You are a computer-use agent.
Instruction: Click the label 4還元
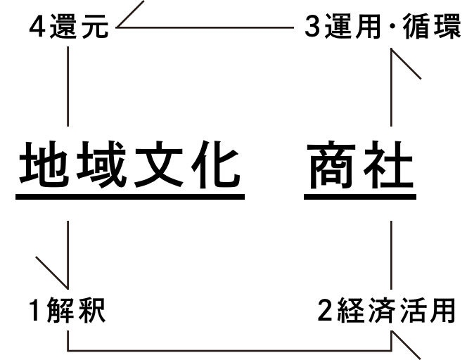tap(69, 27)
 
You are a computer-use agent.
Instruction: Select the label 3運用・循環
tap(383, 27)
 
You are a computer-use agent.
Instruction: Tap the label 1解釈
tap(68, 310)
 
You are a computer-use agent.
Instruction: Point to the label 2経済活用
tap(386, 310)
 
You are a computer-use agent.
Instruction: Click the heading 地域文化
tap(130, 165)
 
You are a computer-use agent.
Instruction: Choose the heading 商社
tap(360, 165)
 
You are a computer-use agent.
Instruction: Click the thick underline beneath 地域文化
tap(130, 197)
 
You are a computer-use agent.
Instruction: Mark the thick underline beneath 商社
tap(360, 197)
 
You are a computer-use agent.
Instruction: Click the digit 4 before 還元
tap(37, 27)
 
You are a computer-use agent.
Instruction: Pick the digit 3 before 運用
tap(313, 27)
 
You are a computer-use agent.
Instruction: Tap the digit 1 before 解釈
tap(34, 310)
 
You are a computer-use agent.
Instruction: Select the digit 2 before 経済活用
tap(325, 310)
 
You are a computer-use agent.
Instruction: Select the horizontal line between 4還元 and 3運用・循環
tap(205, 27)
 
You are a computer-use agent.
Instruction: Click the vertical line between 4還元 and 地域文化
tap(68, 86)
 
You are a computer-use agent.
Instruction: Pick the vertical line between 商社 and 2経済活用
tap(391, 255)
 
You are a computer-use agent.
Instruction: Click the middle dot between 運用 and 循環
tap(392, 27)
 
